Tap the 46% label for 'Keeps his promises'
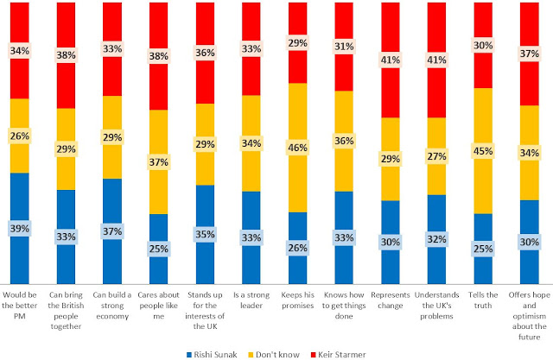[x=296, y=148]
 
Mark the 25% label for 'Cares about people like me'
[x=159, y=249]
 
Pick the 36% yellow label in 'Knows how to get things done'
[x=343, y=141]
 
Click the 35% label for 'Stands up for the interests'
[x=205, y=233]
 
